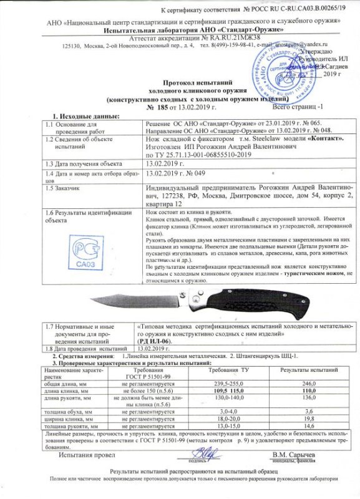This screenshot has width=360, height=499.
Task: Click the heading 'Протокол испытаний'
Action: pos(197,82)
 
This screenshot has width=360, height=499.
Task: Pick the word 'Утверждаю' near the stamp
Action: pos(319,52)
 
